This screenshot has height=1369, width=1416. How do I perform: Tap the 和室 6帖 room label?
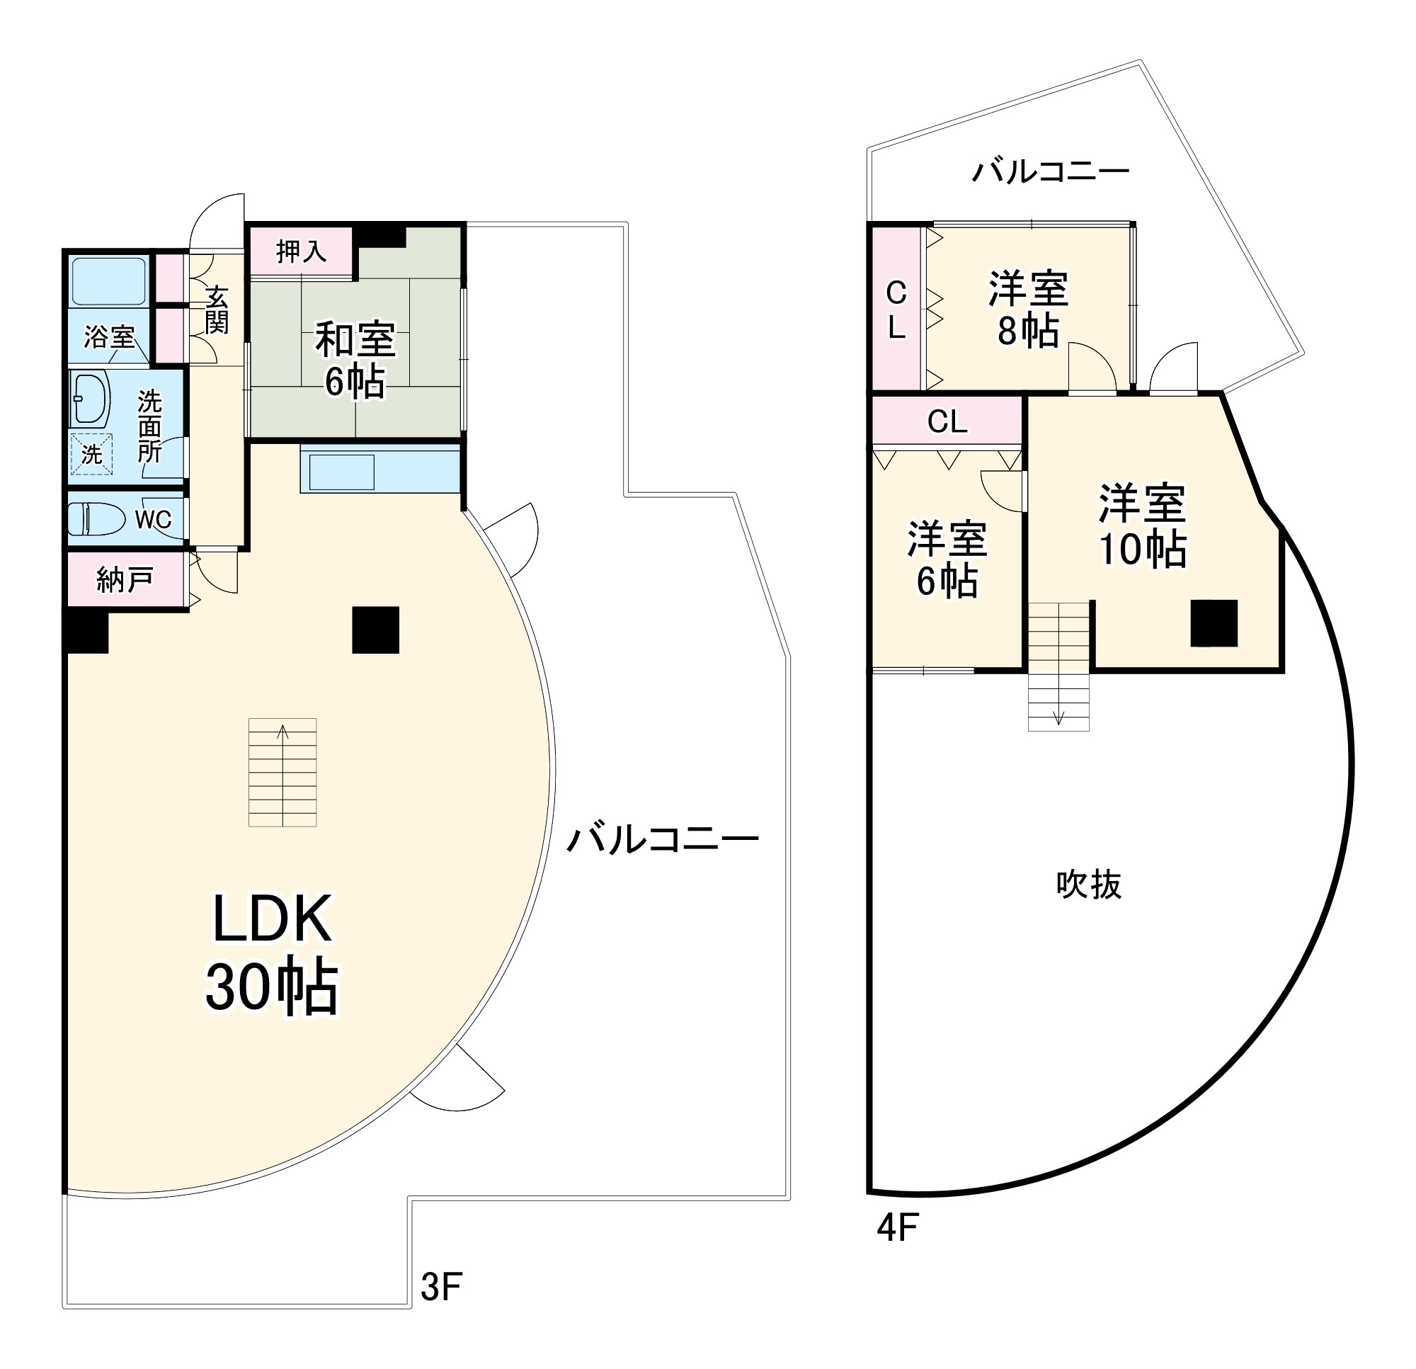tap(355, 360)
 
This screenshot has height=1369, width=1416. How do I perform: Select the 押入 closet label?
tap(302, 251)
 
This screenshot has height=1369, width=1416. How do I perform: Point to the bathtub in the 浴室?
tap(109, 280)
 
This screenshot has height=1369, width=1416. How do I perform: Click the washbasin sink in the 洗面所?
tap(91, 399)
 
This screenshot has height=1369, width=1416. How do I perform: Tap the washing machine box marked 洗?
tap(91, 454)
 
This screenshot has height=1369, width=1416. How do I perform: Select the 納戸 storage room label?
tap(125, 579)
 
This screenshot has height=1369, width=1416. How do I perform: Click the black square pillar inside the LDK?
tap(376, 630)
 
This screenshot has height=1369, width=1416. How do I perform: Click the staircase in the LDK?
tap(282, 772)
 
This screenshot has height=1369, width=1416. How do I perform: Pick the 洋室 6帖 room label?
tap(947, 559)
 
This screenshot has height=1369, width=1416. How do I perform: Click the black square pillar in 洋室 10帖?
tap(1214, 623)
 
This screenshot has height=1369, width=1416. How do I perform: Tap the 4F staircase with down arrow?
tap(1058, 666)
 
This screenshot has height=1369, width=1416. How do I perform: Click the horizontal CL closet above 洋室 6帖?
tap(947, 421)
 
